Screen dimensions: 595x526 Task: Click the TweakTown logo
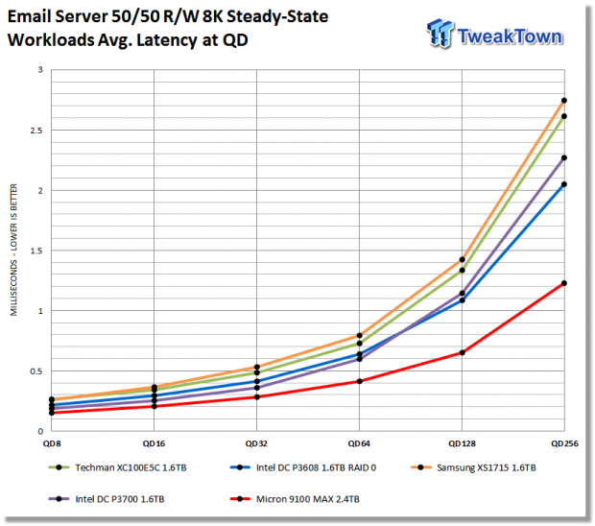pyautogui.click(x=494, y=34)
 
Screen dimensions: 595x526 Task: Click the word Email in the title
pyautogui.click(x=29, y=16)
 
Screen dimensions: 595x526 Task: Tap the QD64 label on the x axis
pyautogui.click(x=359, y=443)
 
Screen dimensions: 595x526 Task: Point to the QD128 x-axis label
pyautogui.click(x=462, y=443)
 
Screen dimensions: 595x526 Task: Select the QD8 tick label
pyautogui.click(x=52, y=443)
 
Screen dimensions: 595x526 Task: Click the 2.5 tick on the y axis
pyautogui.click(x=36, y=131)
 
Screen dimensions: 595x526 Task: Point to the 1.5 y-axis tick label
pyautogui.click(x=36, y=251)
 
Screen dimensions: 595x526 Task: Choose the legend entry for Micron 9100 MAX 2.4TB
pyautogui.click(x=295, y=499)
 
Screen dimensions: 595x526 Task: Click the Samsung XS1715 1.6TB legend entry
pyautogui.click(x=473, y=467)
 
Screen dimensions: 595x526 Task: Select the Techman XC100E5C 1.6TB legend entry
pyautogui.click(x=118, y=467)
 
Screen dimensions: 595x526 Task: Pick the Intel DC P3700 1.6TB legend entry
pyautogui.click(x=107, y=499)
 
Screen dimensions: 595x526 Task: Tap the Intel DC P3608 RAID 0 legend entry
pyautogui.click(x=303, y=467)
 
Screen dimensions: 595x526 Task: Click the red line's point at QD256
pyautogui.click(x=564, y=283)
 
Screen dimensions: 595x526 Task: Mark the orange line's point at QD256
pyautogui.click(x=564, y=101)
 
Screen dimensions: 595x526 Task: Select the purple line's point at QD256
pyautogui.click(x=564, y=157)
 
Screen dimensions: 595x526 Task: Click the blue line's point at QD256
pyautogui.click(x=564, y=184)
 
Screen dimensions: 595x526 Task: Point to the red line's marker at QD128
pyautogui.click(x=462, y=352)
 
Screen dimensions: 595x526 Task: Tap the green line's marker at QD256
pyautogui.click(x=564, y=116)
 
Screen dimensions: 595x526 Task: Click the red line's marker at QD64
pyautogui.click(x=359, y=381)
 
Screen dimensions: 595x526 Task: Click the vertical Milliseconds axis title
pyautogui.click(x=13, y=250)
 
